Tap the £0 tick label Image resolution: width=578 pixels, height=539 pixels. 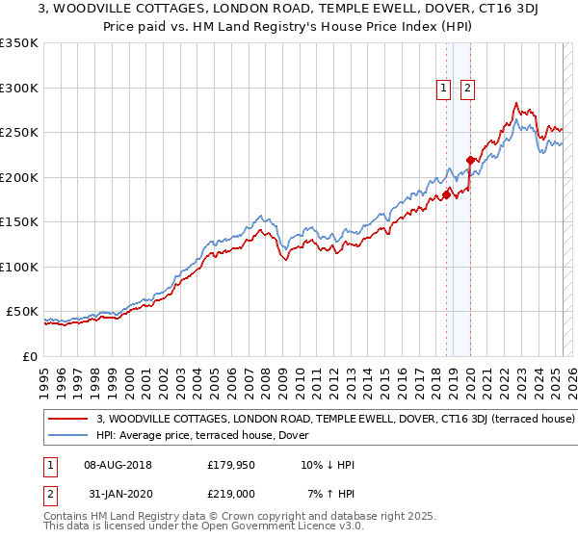tap(29, 356)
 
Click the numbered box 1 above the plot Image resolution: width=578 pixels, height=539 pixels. tap(444, 89)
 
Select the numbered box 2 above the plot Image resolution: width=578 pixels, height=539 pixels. tap(467, 89)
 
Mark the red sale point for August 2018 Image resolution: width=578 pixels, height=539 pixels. tap(446, 194)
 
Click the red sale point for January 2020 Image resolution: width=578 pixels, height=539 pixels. tap(471, 160)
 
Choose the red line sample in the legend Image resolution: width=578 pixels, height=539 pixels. tap(70, 420)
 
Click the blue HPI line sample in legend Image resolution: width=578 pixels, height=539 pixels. tap(70, 436)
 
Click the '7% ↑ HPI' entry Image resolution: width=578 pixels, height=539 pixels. tap(328, 494)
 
